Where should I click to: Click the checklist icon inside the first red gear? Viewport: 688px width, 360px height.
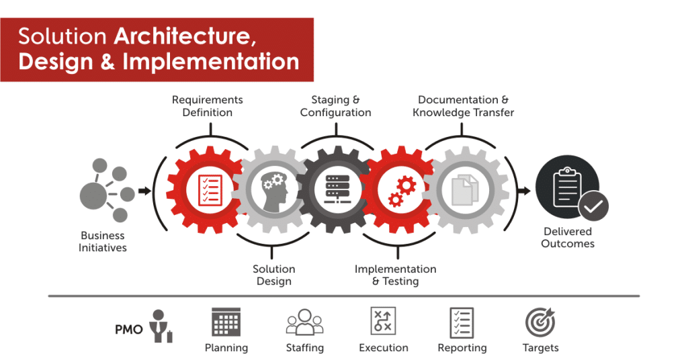pos(210,190)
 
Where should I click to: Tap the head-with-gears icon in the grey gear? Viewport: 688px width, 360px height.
pos(273,189)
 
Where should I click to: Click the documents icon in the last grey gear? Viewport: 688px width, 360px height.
pos(465,190)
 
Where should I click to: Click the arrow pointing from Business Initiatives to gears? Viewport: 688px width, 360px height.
pos(144,191)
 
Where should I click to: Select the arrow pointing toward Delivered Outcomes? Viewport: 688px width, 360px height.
pos(524,191)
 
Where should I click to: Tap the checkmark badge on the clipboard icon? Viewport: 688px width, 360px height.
pos(593,206)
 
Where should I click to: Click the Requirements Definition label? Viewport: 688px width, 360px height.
pos(207,106)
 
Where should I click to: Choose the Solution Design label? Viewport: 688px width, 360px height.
pos(274,275)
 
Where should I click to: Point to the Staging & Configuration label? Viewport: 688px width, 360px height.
pos(336,106)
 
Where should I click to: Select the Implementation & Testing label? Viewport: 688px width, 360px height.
pos(395,275)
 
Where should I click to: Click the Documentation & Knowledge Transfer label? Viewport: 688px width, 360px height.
pos(464,106)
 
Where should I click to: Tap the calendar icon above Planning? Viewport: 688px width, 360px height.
pos(226,322)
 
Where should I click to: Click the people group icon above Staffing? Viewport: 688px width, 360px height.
pos(304,322)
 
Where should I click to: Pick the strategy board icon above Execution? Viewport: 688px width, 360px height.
pos(383,322)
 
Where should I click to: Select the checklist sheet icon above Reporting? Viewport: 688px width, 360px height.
pos(462,322)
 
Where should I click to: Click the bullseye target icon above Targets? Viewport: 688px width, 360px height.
pos(540,322)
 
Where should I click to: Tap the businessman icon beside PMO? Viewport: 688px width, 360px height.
pos(161,326)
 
